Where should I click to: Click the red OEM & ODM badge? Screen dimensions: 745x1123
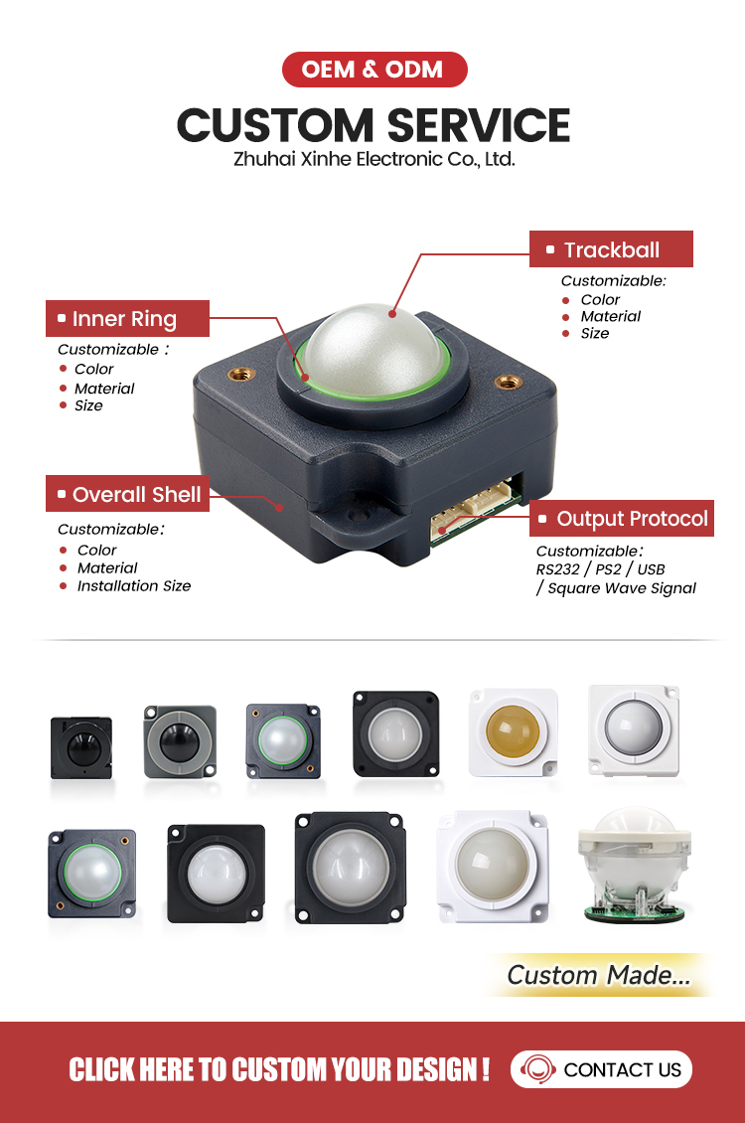[x=374, y=70]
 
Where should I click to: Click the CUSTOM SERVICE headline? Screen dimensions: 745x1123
[x=373, y=125]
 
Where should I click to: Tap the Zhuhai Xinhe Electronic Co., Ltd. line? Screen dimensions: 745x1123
[x=374, y=159]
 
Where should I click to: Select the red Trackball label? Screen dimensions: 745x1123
[x=611, y=249]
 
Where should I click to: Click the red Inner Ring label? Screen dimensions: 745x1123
[x=127, y=319]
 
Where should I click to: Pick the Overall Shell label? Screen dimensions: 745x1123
[x=127, y=494]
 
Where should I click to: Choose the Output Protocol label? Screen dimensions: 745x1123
[x=622, y=518]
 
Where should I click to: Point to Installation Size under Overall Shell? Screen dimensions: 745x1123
[x=134, y=586]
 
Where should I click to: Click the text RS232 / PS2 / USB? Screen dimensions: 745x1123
[x=600, y=569]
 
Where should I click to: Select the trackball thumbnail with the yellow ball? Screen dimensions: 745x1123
[x=513, y=732]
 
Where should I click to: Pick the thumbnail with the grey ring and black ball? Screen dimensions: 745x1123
[x=180, y=742]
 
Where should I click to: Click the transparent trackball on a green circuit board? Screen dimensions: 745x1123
[x=634, y=866]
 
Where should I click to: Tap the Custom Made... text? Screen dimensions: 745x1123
[x=599, y=975]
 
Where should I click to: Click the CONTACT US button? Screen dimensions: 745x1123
[x=601, y=1069]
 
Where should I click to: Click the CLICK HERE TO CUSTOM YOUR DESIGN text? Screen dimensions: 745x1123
[x=279, y=1070]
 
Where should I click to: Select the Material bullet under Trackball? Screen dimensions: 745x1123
[x=611, y=316]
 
